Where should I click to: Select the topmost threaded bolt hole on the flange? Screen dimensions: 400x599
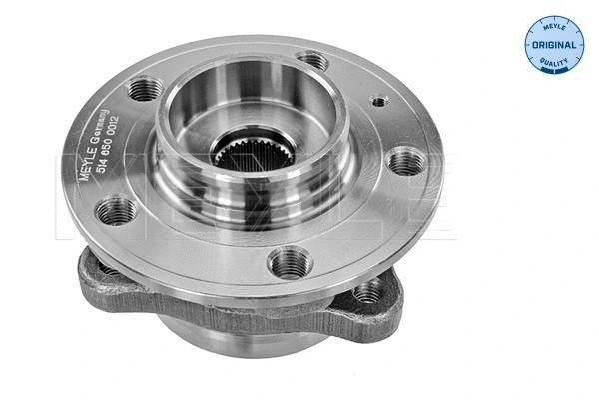tap(313, 61)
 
